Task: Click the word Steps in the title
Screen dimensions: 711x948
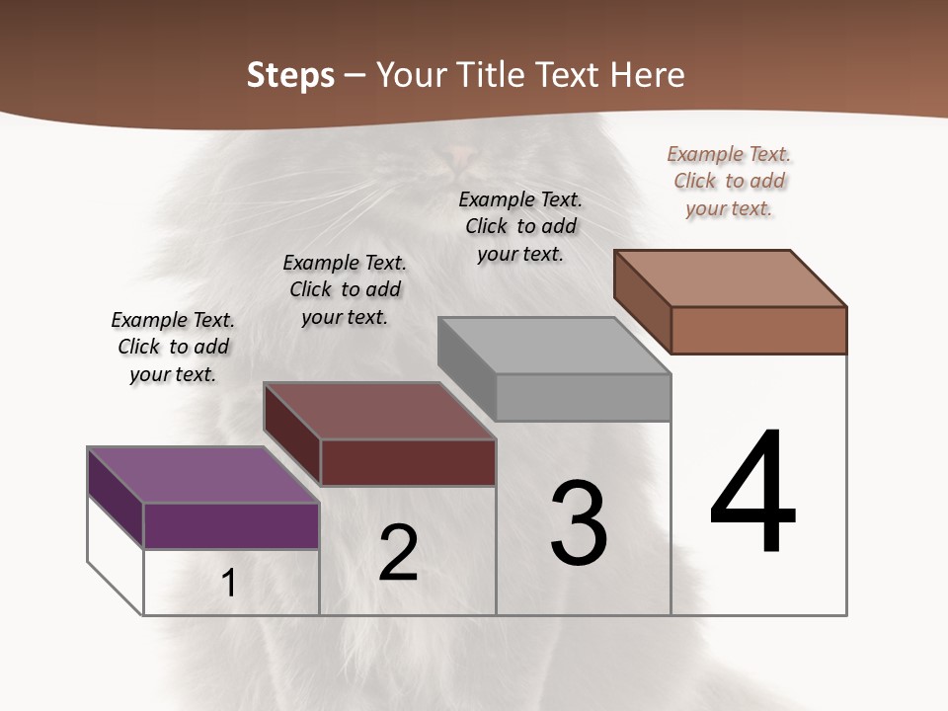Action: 290,75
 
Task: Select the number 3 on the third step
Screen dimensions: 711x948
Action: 579,523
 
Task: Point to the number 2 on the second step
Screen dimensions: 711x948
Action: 398,553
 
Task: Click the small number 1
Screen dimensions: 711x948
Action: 229,584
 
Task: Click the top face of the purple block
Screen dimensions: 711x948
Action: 202,475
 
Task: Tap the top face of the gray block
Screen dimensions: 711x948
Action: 554,346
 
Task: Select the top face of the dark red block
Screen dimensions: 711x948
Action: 379,411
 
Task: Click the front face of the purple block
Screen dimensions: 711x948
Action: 231,525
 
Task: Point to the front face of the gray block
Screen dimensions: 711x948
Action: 583,397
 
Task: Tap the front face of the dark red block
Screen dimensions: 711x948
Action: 408,462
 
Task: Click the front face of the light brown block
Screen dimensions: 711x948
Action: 758,330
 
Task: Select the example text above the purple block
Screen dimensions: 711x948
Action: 173,347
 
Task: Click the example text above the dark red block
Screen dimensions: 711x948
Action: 345,289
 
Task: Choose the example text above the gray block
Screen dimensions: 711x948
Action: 520,226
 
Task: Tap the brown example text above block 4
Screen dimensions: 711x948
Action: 729,181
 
